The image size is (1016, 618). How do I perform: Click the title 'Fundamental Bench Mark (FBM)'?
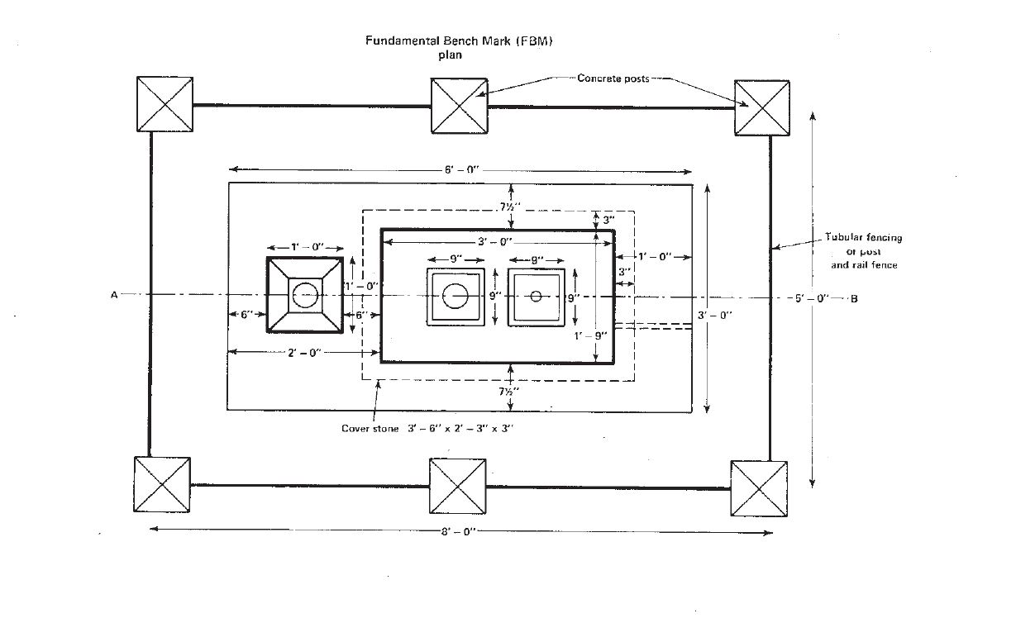(x=459, y=40)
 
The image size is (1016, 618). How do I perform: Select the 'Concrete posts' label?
(x=613, y=78)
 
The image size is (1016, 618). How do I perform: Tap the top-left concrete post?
(x=165, y=104)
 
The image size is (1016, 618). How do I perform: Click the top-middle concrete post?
(x=460, y=106)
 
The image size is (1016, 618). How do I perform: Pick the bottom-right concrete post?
(x=759, y=488)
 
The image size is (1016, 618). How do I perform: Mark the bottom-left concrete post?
(x=162, y=484)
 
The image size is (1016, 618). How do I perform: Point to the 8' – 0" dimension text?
(x=459, y=531)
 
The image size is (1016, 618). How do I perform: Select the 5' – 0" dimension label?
(x=812, y=298)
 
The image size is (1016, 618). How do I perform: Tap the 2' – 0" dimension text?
(x=304, y=353)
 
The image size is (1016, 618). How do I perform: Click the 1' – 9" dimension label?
(x=590, y=336)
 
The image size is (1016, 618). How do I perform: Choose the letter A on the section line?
(x=114, y=295)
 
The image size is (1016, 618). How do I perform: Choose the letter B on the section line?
(x=854, y=299)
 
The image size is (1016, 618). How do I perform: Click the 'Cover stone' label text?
(x=370, y=429)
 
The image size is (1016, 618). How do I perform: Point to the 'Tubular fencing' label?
(x=864, y=237)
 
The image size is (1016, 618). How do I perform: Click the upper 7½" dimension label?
(x=510, y=207)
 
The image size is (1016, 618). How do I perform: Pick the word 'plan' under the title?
(x=450, y=55)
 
